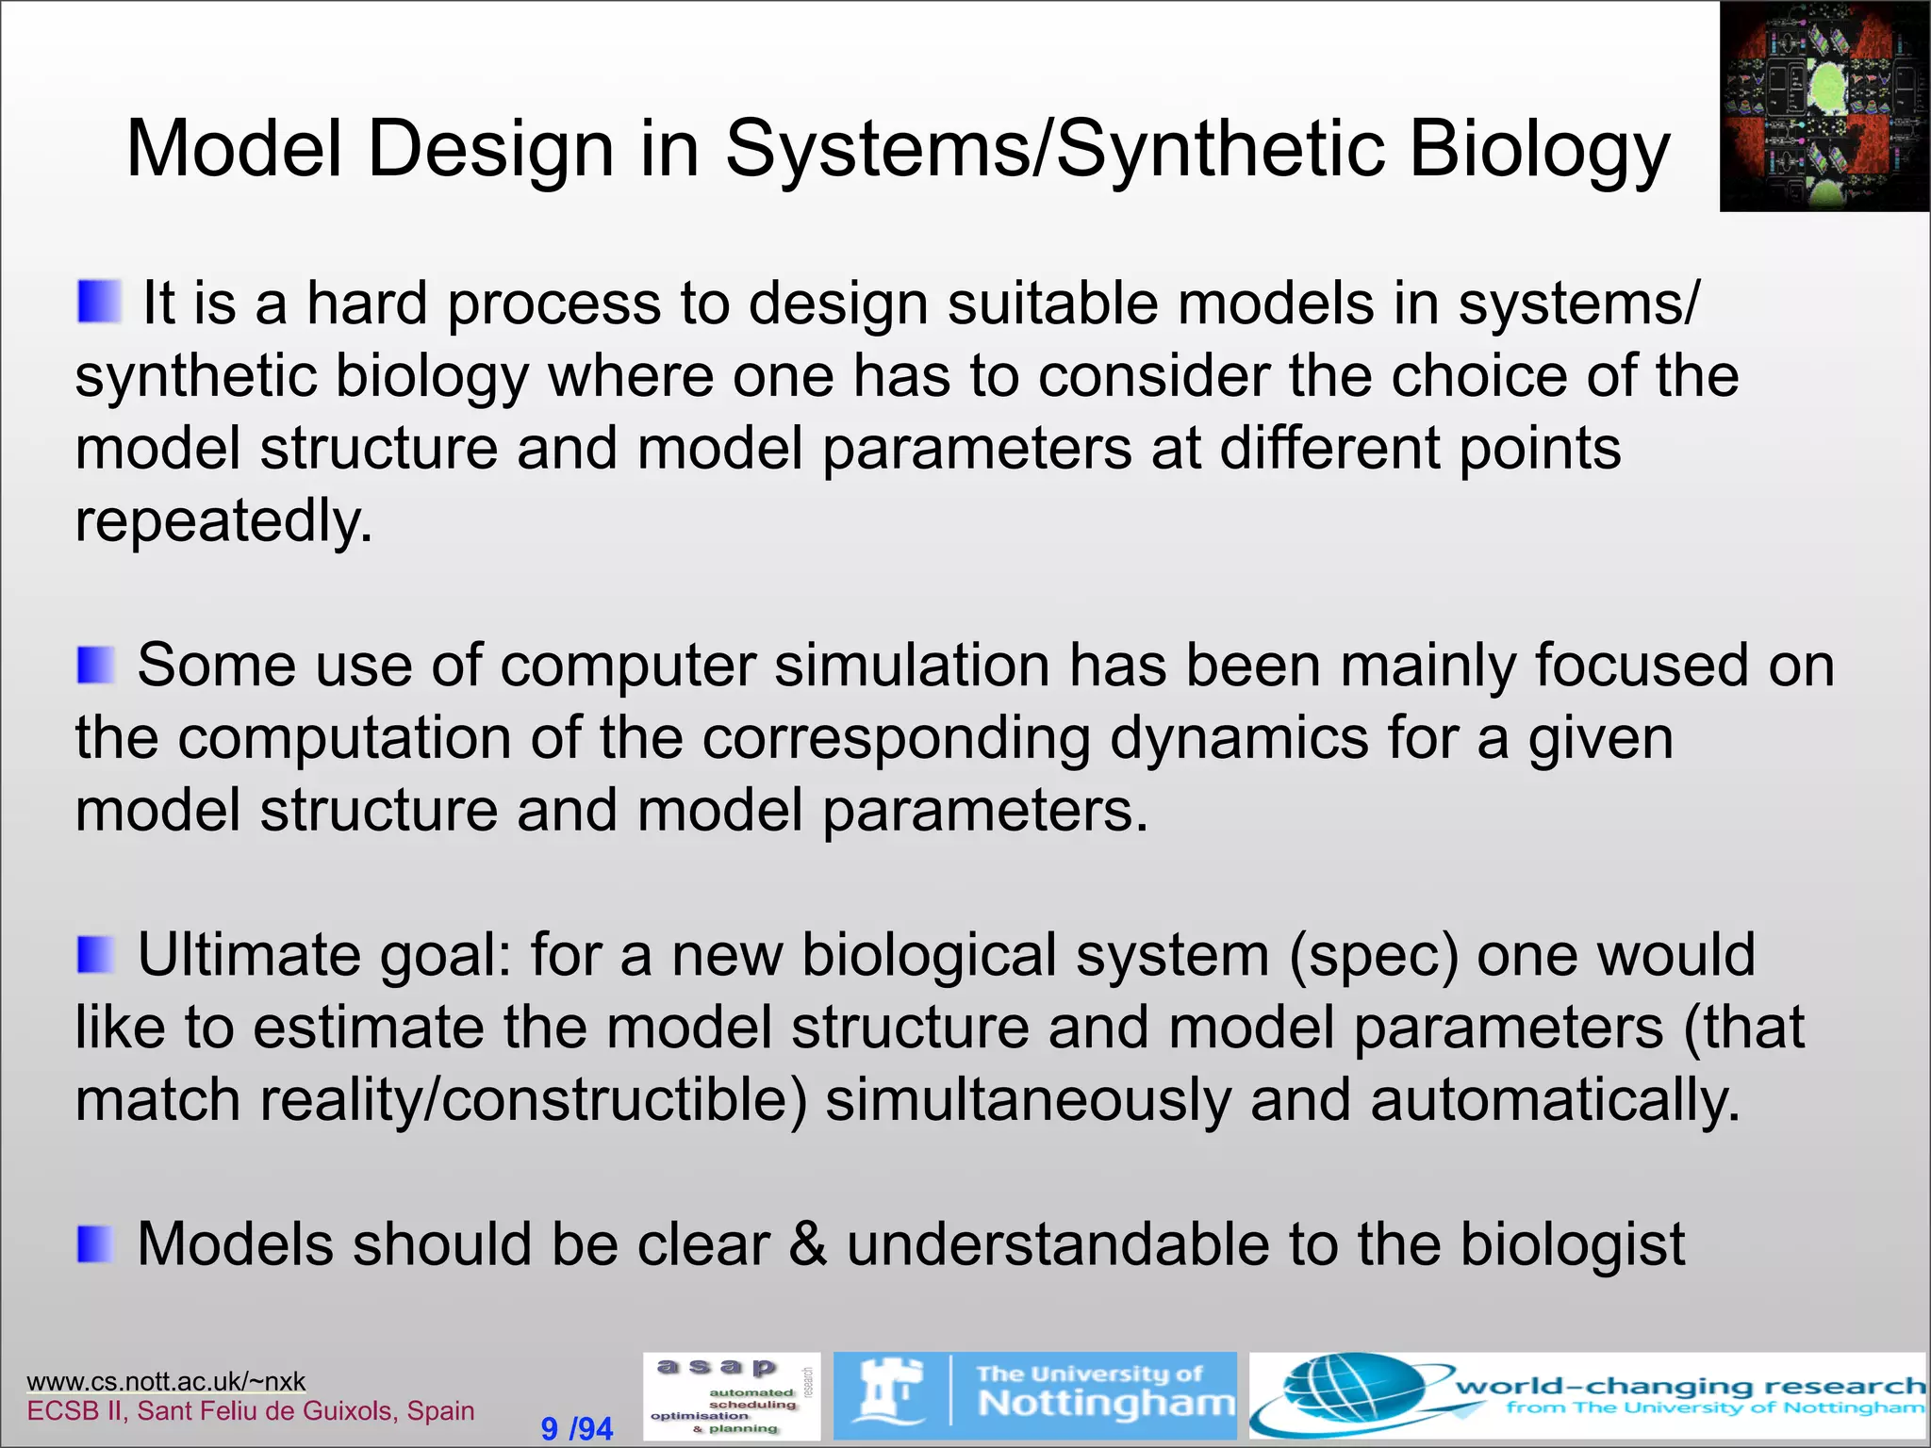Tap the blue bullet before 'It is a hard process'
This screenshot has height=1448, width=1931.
point(98,302)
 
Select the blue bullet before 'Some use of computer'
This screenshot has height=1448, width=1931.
point(95,666)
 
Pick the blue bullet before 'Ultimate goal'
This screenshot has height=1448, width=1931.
point(95,955)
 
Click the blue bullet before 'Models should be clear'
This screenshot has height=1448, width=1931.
point(95,1244)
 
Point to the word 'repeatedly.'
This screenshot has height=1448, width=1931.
point(224,521)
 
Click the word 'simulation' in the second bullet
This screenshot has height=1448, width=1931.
point(912,666)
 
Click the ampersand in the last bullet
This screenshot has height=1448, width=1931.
point(807,1244)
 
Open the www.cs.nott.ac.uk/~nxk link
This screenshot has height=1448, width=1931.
point(166,1381)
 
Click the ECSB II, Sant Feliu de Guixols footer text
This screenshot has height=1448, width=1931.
point(251,1411)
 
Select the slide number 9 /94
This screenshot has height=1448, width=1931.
point(576,1428)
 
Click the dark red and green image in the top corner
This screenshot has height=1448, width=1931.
point(1824,106)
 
